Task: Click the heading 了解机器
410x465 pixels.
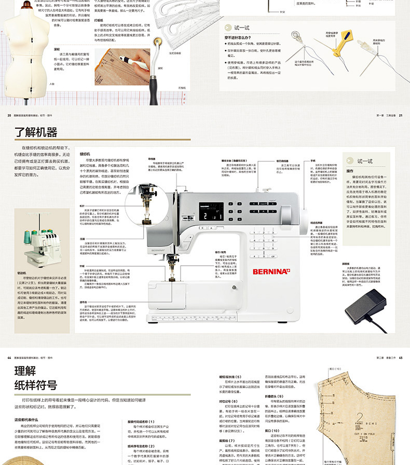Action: (x=36, y=132)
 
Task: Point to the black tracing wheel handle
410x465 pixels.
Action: (x=153, y=77)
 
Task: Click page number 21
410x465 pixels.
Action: (x=400, y=115)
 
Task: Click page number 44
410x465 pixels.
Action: (x=9, y=358)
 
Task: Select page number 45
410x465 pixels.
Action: (x=400, y=358)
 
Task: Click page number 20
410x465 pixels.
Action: (x=9, y=115)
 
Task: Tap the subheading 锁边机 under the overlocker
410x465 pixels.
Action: (x=22, y=272)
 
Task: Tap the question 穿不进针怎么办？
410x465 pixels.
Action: (x=239, y=38)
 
